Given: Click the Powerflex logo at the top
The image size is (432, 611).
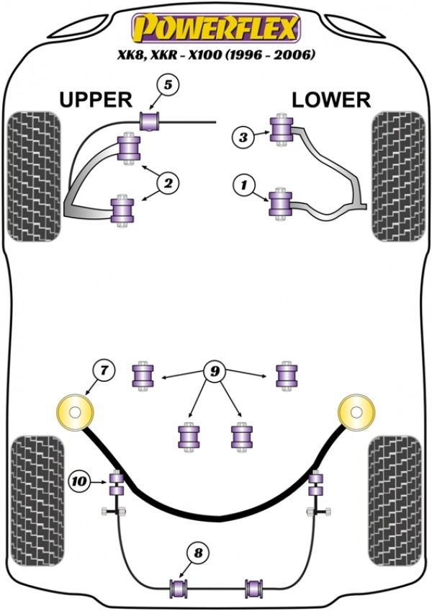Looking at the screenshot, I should [214, 30].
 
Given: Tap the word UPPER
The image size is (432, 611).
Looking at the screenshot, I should [95, 99].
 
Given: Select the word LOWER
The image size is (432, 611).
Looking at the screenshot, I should [331, 99].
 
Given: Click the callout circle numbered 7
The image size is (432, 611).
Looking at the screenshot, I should [104, 372].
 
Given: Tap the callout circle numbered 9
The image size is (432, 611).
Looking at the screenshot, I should [214, 372].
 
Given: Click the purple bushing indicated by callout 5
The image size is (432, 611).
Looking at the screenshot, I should [150, 120].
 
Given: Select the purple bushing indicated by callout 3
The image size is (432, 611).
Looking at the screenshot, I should [280, 130].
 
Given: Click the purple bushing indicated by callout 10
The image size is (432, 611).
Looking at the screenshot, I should [114, 483].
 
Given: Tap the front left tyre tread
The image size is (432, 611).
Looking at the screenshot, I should [33, 176].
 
